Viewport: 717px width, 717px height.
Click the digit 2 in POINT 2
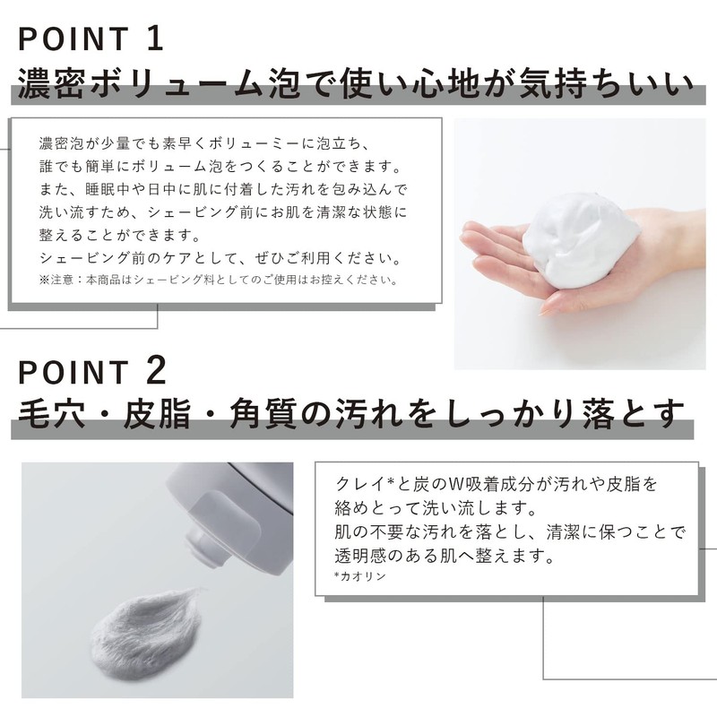(x=156, y=371)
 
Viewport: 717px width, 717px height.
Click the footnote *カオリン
(x=360, y=576)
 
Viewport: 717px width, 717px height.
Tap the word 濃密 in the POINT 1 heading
(x=51, y=84)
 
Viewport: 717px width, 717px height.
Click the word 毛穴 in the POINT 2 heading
(x=51, y=414)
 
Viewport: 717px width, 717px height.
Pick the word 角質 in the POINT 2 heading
(x=263, y=414)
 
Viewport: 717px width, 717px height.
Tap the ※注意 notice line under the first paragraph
(x=219, y=280)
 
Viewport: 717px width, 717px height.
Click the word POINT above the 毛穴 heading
(x=73, y=372)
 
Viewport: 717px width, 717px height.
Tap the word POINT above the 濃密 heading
(x=73, y=39)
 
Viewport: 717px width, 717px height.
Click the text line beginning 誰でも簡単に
(x=221, y=167)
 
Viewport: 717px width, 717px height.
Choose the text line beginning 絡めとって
(x=436, y=507)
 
